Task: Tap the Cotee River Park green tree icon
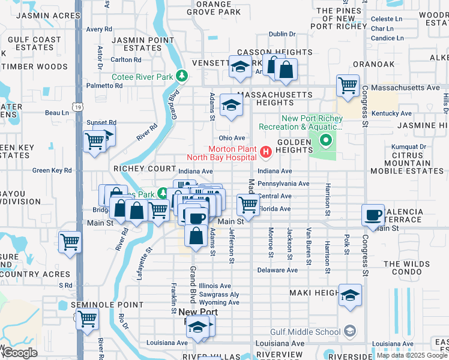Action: [180, 76]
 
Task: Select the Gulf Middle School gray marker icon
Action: [349, 331]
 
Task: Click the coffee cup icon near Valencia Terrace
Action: [373, 214]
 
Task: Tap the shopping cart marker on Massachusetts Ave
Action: [348, 86]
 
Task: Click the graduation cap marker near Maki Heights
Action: [350, 295]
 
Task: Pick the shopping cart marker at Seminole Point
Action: [88, 319]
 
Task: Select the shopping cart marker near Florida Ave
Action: [248, 205]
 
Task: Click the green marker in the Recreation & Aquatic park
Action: [326, 142]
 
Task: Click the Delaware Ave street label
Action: [277, 270]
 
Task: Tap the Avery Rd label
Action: [99, 29]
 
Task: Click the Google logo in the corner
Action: [20, 353]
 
